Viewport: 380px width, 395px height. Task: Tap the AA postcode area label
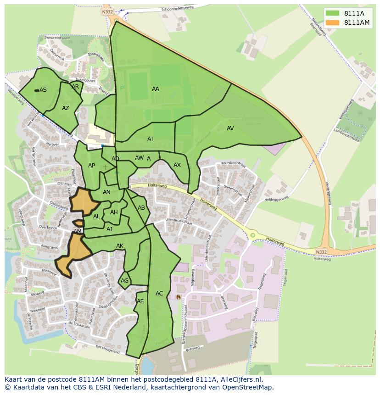156,89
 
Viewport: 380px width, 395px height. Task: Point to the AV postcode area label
230,128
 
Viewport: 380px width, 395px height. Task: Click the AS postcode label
43,90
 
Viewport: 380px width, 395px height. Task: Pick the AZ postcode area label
66,108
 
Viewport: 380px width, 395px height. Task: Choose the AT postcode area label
151,139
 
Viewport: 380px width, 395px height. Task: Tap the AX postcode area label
177,165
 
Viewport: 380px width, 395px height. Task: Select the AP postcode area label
91,166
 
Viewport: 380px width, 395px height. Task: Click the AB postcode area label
141,208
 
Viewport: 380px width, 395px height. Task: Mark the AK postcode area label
120,246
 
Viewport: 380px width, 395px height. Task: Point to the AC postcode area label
159,294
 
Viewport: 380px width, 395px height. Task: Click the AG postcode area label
124,281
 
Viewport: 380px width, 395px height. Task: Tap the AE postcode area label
140,301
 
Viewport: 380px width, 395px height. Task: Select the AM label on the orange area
78,231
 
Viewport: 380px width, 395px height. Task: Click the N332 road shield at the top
107,11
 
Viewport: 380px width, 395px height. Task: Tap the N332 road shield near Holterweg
322,252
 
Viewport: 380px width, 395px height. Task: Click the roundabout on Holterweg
252,235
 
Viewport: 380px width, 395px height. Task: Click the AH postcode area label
114,212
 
